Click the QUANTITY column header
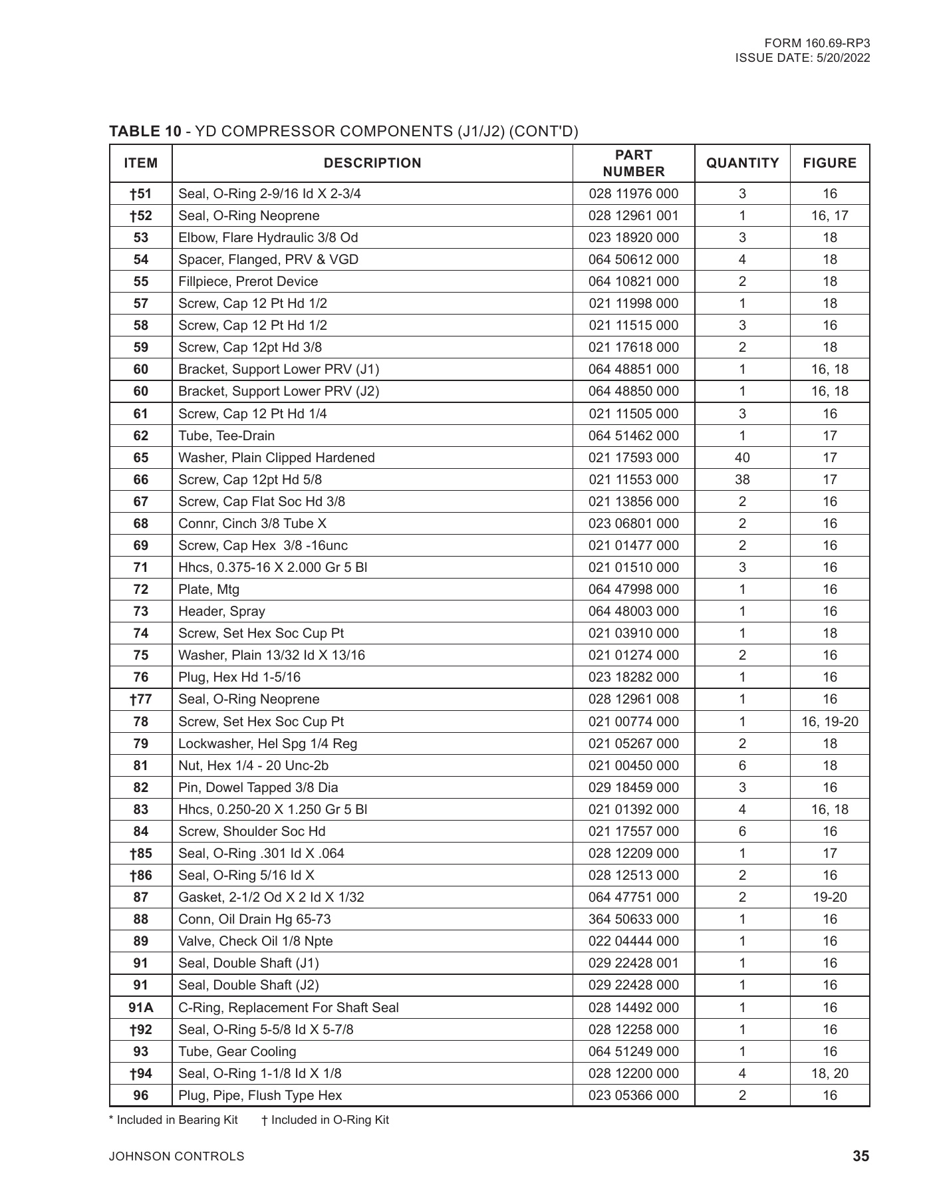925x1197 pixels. pos(742,163)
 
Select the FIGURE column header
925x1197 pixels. pos(829,163)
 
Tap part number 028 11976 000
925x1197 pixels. pos(633,194)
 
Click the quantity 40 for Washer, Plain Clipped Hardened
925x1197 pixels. pos(742,458)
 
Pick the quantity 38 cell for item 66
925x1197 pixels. pos(742,479)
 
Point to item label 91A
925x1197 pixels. pos(141,1007)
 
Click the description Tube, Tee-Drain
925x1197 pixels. pos(226,436)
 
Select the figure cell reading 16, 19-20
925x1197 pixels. pos(829,722)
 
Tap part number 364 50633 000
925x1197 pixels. pos(633,919)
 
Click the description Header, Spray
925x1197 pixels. pos(221,611)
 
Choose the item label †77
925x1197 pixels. pos(141,699)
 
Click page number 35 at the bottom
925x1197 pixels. pos(860,1156)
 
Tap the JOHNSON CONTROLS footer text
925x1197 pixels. pos(176,1156)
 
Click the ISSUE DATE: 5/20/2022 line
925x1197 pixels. pos(802,58)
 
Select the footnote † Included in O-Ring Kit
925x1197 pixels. pos(325,1120)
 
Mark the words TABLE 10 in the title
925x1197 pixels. pos(145,131)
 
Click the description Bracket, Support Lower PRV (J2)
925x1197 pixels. pos(279,391)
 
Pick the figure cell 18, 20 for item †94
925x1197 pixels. pos(829,1073)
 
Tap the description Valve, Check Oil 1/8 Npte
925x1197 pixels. pos(255,941)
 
